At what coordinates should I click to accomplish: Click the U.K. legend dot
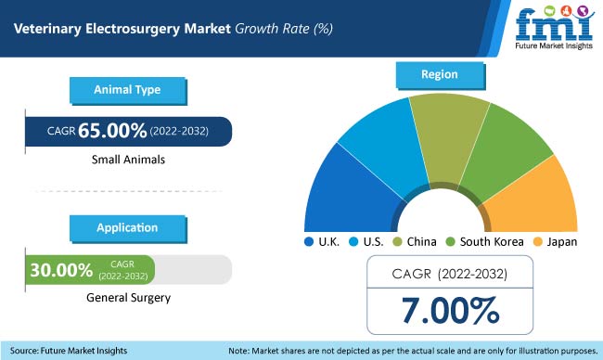(309, 242)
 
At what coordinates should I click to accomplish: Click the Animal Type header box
(127, 91)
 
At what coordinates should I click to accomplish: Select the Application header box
(127, 227)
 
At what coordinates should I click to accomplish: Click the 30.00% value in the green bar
(61, 270)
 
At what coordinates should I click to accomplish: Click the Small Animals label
(128, 159)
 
